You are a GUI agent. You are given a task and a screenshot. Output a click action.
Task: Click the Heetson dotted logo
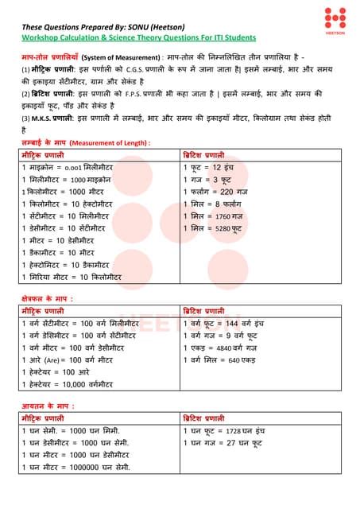(x=335, y=17)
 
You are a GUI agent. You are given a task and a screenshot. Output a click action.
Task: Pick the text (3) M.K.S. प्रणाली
(x=48, y=118)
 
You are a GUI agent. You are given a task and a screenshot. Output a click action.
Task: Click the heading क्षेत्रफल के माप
(x=49, y=300)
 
